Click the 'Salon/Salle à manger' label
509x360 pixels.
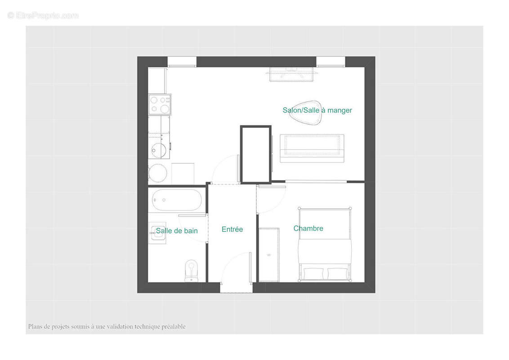pyautogui.click(x=317, y=110)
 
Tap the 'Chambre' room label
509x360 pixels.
pyautogui.click(x=308, y=229)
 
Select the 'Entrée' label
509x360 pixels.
pyautogui.click(x=232, y=229)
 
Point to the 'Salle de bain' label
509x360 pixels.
pyautogui.click(x=177, y=231)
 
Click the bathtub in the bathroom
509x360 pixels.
pyautogui.click(x=177, y=200)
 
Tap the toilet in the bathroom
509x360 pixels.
pyautogui.click(x=192, y=270)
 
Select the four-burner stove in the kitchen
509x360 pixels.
pyautogui.click(x=160, y=104)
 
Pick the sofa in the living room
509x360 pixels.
pyautogui.click(x=312, y=148)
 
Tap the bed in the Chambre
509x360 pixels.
pyautogui.click(x=324, y=245)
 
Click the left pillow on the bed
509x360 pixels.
pyautogui.click(x=314, y=273)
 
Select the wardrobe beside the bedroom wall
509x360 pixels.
pyautogui.click(x=269, y=255)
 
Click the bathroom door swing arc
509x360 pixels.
pyautogui.click(x=193, y=229)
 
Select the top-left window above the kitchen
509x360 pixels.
pyautogui.click(x=182, y=62)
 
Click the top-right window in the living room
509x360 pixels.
pyautogui.click(x=330, y=62)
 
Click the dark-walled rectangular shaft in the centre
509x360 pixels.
pyautogui.click(x=255, y=154)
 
